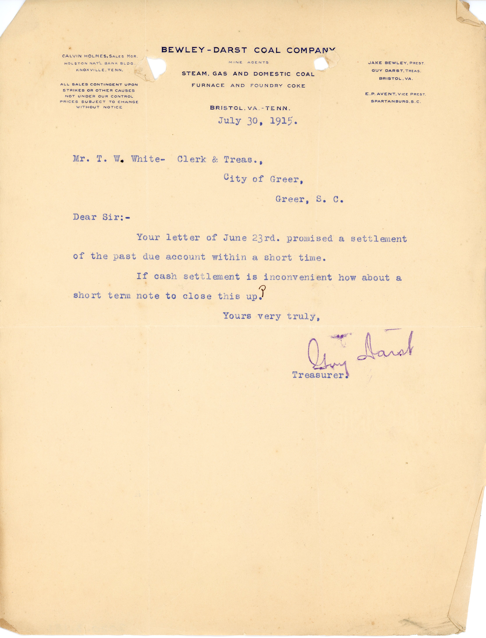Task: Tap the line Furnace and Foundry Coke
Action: [248, 85]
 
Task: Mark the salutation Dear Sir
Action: [101, 217]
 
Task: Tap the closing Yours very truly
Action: [271, 316]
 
